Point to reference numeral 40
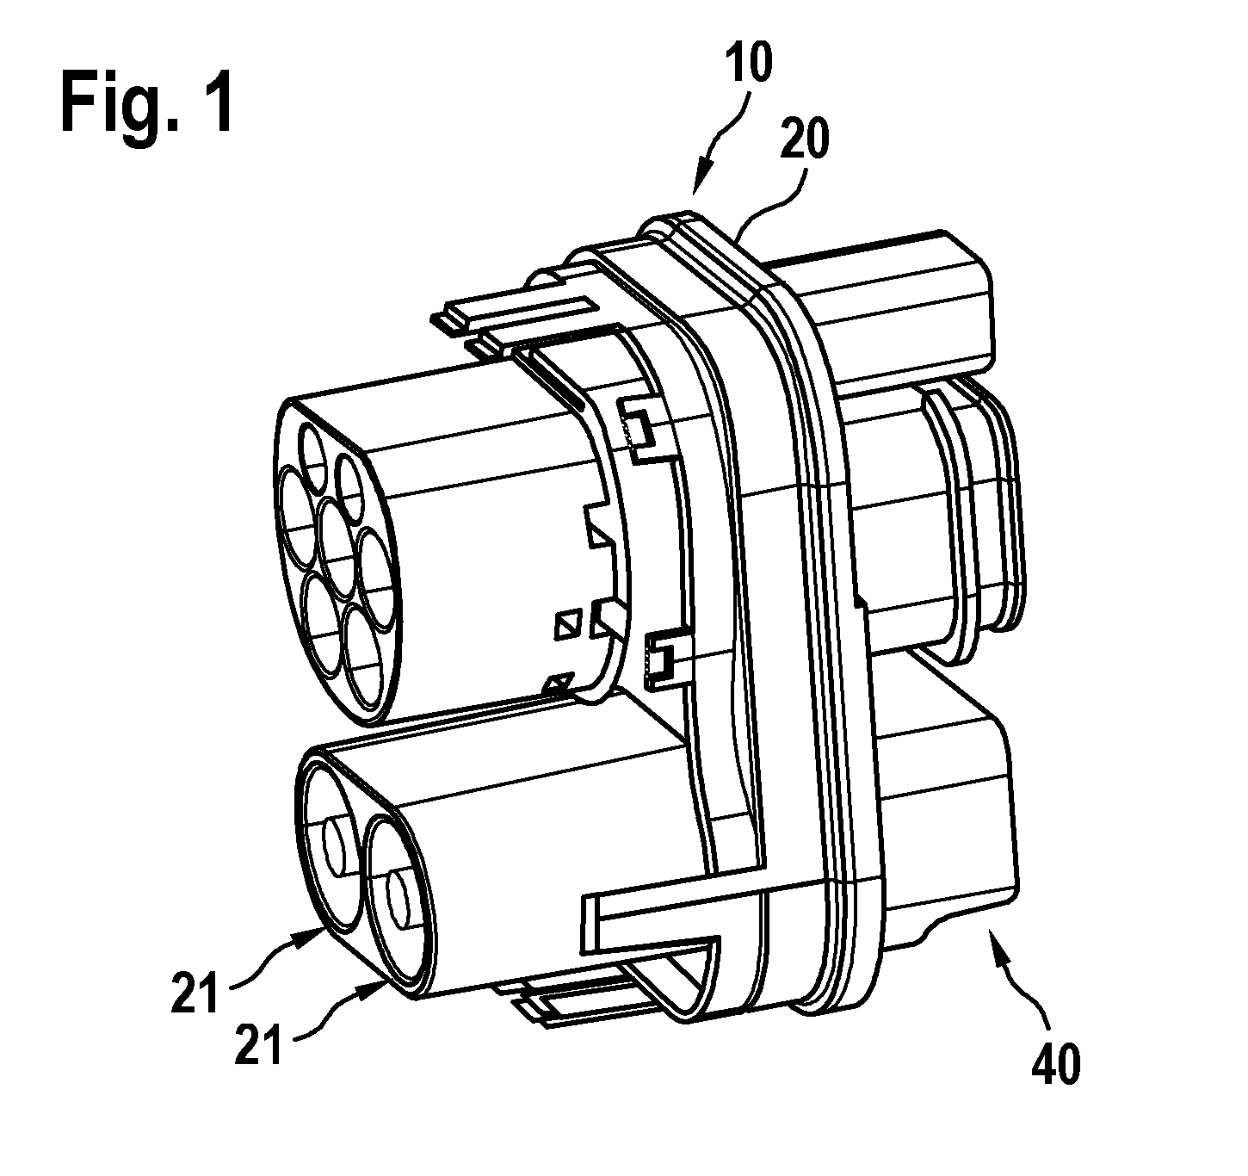1056,1063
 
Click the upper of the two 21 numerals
195,991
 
